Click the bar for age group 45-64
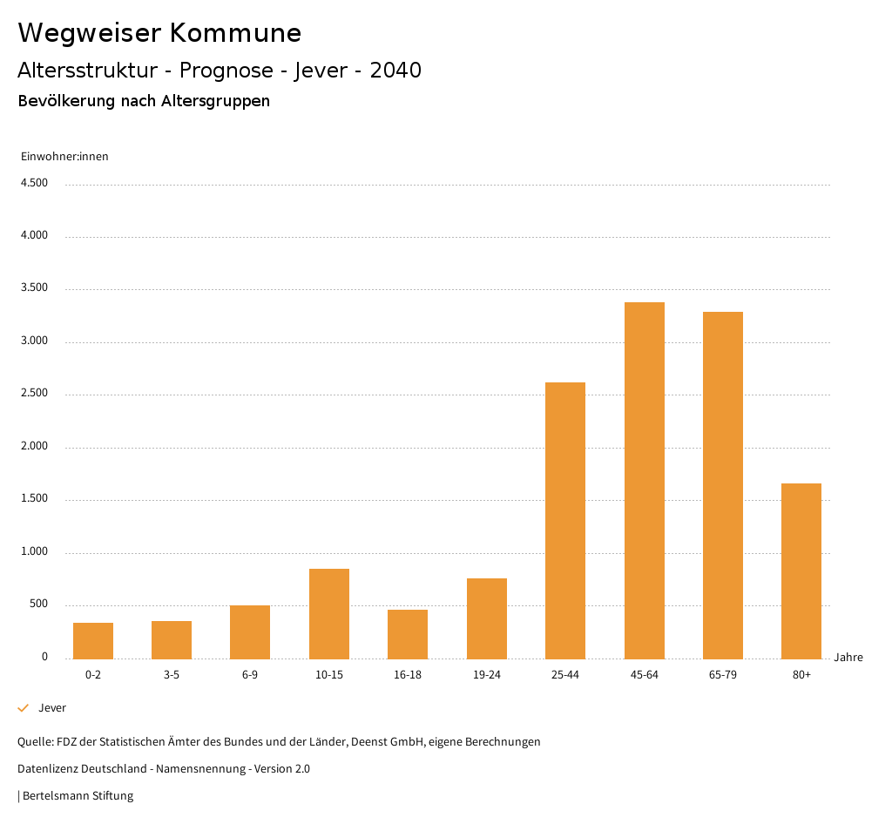coord(645,480)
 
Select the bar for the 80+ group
coord(801,571)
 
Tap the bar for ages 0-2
coord(93,640)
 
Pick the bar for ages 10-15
coord(329,613)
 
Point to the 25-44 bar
coord(565,520)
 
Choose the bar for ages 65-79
coord(723,485)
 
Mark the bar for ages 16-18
coord(408,634)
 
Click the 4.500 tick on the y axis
coord(34,183)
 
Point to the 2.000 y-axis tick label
coord(34,447)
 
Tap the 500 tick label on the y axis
coord(38,604)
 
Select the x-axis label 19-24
coord(487,675)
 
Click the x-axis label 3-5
coord(172,675)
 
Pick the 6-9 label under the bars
coord(250,675)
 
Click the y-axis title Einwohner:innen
coord(64,157)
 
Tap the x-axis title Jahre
coord(848,658)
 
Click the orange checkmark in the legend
coord(24,708)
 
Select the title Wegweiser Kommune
coord(159,33)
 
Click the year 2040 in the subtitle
coord(395,71)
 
